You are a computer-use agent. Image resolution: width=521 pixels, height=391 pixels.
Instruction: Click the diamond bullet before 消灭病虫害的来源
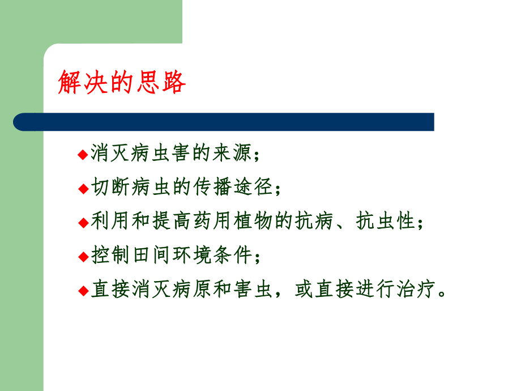[x=83, y=155]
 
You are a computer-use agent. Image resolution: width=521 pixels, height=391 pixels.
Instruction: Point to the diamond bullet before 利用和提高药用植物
[x=83, y=223]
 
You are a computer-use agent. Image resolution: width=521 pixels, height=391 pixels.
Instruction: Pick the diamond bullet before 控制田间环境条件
[x=83, y=257]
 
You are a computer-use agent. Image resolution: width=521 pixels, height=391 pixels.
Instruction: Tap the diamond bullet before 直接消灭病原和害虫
[x=83, y=291]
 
